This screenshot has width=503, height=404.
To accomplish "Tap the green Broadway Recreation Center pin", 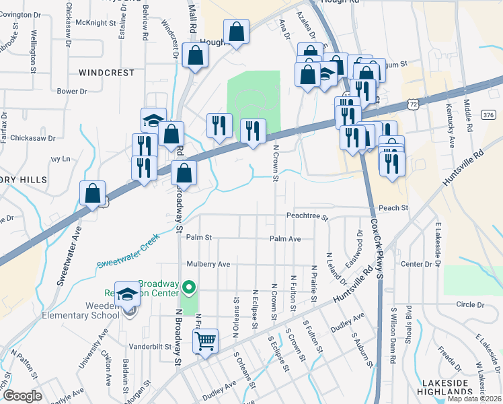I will tap(189, 290).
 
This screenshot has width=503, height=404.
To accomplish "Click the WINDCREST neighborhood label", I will tap(103, 71).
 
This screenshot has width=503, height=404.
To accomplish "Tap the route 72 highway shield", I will tap(414, 104).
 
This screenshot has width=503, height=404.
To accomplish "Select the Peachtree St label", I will tap(306, 217).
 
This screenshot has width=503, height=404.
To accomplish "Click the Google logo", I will tap(22, 396).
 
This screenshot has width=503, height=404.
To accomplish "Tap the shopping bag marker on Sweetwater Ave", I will tap(93, 193).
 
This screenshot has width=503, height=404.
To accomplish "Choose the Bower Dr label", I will tap(72, 90).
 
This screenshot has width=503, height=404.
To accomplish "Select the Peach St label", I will tap(393, 208).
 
